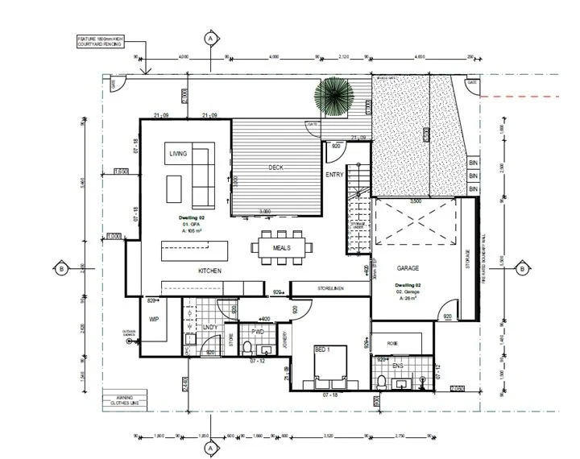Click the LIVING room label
tap(178, 153)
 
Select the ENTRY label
tap(334, 175)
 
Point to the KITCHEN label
tap(209, 271)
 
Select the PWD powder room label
tap(258, 332)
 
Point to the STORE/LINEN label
tap(333, 287)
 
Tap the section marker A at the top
tap(210, 38)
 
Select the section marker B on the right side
tap(521, 269)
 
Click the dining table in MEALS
tap(282, 248)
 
